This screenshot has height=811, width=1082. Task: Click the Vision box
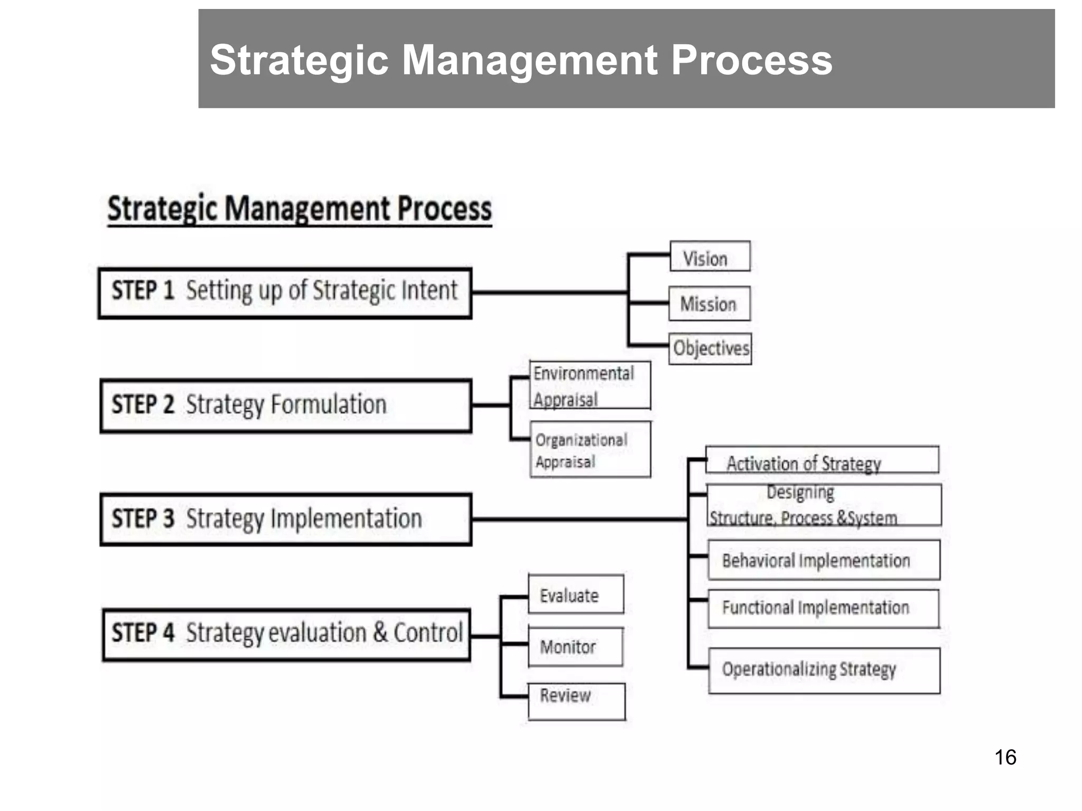(710, 257)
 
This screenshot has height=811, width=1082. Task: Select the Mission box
(709, 304)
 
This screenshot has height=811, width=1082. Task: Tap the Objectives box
(710, 348)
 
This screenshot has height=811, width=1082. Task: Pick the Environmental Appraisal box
(590, 385)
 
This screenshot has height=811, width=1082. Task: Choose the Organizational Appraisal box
(590, 450)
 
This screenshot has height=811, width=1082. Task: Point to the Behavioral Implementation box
(824, 560)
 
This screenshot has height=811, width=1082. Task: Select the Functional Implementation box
(824, 608)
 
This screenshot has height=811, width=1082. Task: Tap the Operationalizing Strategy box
(824, 670)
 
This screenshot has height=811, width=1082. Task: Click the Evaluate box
(576, 595)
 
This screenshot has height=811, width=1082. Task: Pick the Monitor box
(575, 647)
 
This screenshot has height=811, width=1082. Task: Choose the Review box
(576, 701)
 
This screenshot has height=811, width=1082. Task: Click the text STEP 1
(143, 291)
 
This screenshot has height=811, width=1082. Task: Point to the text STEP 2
(143, 405)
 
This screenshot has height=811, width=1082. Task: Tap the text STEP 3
(143, 518)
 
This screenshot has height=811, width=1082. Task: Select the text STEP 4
(143, 633)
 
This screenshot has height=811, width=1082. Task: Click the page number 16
(1005, 757)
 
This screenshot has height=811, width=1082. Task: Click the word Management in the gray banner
(529, 60)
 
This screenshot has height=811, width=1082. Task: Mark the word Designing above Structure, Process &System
(800, 492)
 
